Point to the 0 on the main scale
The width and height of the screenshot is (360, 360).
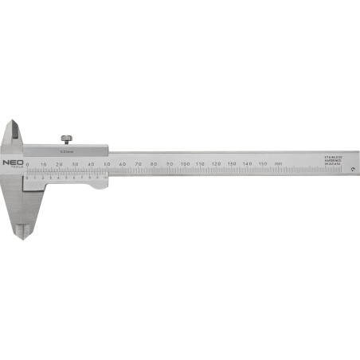(29, 164)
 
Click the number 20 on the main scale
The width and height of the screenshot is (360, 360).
(59, 164)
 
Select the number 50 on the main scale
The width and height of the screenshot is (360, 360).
(107, 164)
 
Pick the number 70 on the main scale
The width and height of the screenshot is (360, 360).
(138, 164)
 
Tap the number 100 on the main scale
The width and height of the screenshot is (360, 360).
(185, 164)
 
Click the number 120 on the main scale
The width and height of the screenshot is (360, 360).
(216, 164)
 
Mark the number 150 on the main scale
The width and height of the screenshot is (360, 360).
(263, 164)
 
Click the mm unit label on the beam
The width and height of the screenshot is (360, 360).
(278, 164)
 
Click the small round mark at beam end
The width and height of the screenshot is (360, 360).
(342, 176)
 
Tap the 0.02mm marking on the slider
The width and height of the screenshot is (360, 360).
(66, 150)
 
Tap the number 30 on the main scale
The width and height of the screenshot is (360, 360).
(75, 164)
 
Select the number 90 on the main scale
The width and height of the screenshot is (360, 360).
(169, 164)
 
